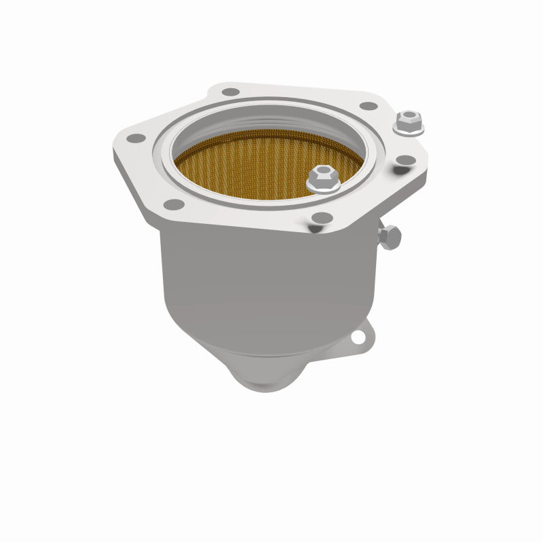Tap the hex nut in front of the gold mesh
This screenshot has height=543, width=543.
pyautogui.click(x=322, y=179)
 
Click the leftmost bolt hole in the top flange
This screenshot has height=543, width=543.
pyautogui.click(x=136, y=138)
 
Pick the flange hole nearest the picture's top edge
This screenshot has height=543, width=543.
pyautogui.click(x=231, y=92)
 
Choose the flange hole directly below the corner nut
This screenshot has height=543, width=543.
pyautogui.click(x=405, y=161)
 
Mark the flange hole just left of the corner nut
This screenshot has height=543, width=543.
pyautogui.click(x=369, y=107)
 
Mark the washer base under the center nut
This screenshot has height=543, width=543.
pyautogui.click(x=322, y=188)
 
